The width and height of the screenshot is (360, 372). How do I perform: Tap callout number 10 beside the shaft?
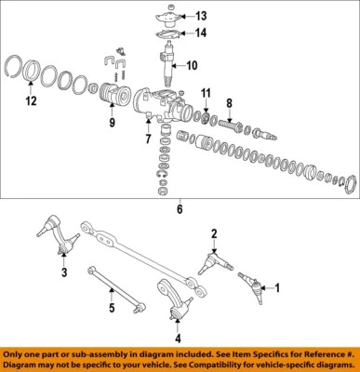click(192, 66)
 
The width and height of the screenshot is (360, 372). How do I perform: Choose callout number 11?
click(207, 94)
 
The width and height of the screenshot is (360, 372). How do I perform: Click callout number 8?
click(230, 104)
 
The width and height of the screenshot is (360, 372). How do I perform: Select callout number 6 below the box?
click(180, 210)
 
